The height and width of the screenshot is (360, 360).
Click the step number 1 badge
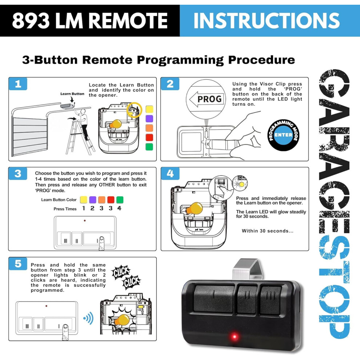tap(18, 84)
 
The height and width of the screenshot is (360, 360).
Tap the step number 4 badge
tap(170, 173)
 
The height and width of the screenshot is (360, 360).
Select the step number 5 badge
tap(18, 264)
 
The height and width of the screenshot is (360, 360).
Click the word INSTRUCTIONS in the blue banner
tap(267, 21)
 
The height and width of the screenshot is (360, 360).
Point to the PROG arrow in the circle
tap(206, 99)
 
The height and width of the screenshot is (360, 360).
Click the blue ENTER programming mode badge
tap(283, 135)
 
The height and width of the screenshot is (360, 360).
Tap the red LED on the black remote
tap(235, 337)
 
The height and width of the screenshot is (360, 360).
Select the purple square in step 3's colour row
tap(92, 200)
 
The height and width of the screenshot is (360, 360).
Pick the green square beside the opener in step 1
tap(149, 147)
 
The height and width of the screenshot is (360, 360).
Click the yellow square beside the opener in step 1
tap(149, 109)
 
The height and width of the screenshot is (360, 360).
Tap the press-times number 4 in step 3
tap(119, 208)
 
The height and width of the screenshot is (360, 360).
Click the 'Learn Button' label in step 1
tap(72, 94)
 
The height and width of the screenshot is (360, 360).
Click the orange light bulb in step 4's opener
tap(194, 208)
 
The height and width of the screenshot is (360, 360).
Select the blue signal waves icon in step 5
tap(88, 318)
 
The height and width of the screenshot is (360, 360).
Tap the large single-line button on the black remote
tap(213, 296)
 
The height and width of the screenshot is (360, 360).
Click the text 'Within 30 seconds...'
tap(268, 231)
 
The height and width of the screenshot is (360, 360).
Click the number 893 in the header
tap(31, 21)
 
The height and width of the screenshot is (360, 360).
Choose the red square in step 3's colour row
tap(111, 200)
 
